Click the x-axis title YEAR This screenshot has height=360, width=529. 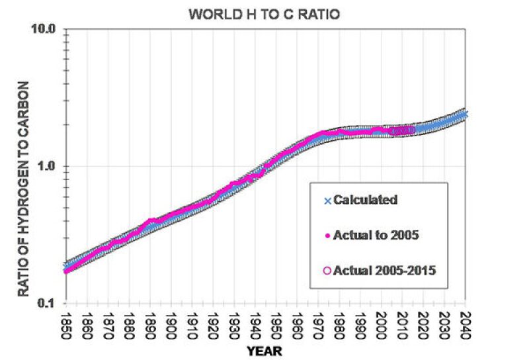coord(264,351)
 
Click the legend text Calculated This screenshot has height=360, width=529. coord(365,199)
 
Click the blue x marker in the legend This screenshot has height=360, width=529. coord(327,200)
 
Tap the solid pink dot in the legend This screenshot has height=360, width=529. coord(327,235)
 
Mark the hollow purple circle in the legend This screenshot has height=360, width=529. coord(327,270)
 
